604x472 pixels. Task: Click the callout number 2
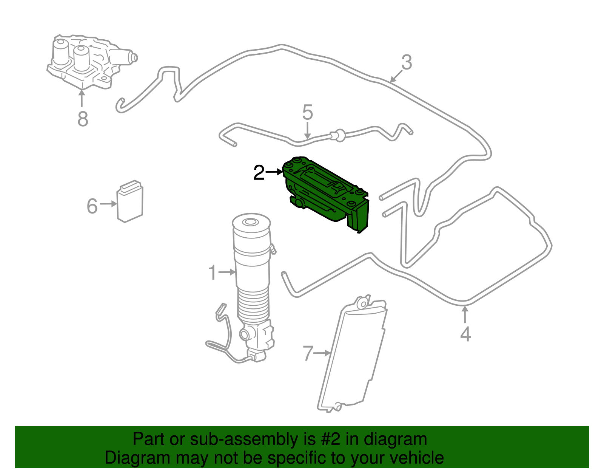point(259,173)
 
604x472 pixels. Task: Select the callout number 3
point(406,62)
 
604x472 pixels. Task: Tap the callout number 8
point(83,119)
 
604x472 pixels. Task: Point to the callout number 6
point(92,206)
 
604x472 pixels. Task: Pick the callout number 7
point(308,354)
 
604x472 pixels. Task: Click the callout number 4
point(465,334)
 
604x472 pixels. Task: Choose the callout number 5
point(308,113)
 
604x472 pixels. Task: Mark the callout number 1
point(213,272)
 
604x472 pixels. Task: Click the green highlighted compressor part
point(325,193)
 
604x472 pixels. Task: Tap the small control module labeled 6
point(130,202)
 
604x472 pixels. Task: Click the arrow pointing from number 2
point(274,172)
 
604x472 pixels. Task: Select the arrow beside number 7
point(322,353)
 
